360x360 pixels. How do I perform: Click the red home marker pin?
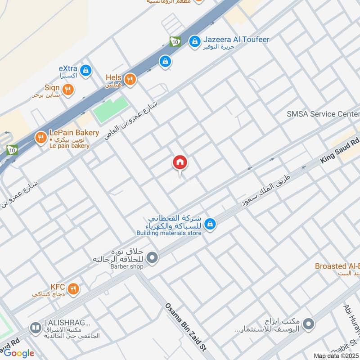click(180, 163)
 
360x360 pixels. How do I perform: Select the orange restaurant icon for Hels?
click(130, 80)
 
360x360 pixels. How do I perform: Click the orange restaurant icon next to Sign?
click(68, 90)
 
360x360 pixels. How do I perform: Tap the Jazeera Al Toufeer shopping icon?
click(194, 41)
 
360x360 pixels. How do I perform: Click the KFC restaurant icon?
click(73, 288)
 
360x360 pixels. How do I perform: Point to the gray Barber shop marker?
click(153, 258)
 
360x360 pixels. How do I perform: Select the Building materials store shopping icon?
click(209, 223)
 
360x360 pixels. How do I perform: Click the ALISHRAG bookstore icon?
click(35, 328)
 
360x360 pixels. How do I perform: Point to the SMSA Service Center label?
click(323, 114)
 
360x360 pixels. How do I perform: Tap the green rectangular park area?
click(111, 110)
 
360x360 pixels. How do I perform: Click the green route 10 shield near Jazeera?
click(175, 41)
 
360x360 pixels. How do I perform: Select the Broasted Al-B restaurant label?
click(337, 266)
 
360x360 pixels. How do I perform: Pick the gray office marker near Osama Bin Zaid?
click(308, 324)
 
